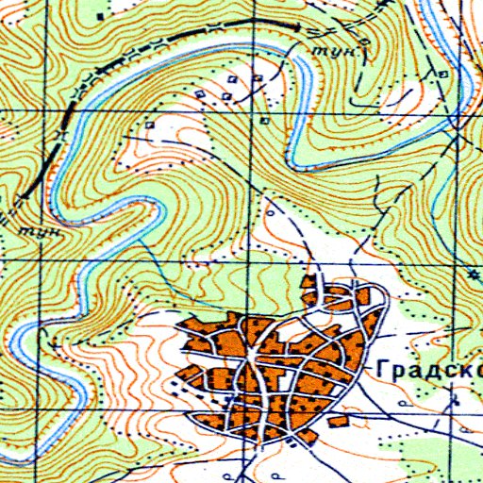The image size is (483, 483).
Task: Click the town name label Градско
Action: point(429,369)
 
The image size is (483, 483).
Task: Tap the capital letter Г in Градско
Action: point(381,368)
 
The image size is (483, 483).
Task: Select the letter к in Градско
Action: point(459,369)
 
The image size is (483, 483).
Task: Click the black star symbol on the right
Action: point(474,274)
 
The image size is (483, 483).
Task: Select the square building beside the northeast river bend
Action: point(443,70)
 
